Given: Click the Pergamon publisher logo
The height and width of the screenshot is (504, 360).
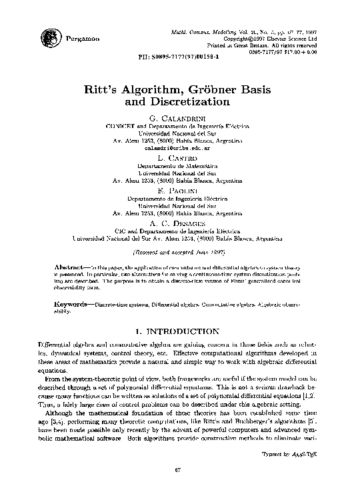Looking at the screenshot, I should coord(49,38).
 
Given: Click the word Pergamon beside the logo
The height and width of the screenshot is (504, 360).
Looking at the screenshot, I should coord(83,39).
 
